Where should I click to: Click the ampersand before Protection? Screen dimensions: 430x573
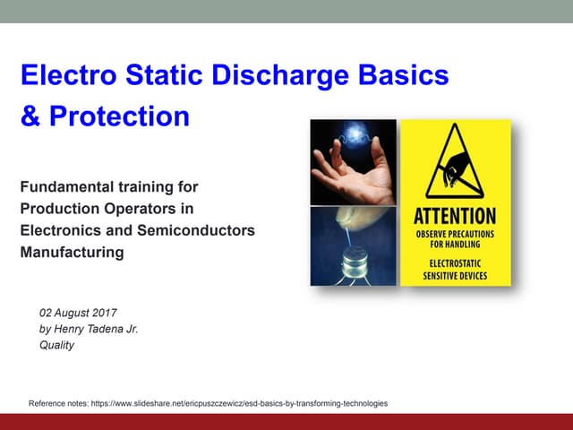(29, 117)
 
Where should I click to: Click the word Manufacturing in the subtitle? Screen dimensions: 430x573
(72, 253)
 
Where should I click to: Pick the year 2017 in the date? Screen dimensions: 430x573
(103, 314)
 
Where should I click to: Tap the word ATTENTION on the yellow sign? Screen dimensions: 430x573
(455, 216)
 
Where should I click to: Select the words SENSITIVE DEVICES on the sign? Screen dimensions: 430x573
(455, 276)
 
